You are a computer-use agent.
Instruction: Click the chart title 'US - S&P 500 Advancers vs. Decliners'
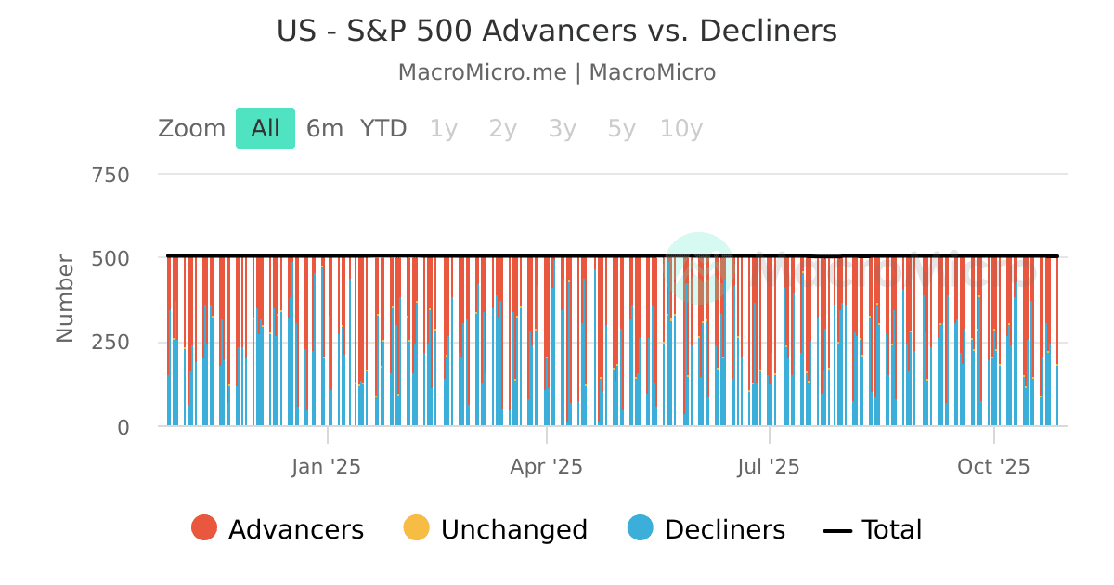point(557,32)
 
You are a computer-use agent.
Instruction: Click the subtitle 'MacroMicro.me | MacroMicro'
point(557,72)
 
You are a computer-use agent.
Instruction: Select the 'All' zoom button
point(266,128)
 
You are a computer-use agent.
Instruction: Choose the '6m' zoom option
point(325,128)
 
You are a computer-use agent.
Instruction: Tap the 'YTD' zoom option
point(383,128)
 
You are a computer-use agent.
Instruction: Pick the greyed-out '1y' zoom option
point(443,128)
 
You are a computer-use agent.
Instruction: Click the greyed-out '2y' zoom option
point(502,128)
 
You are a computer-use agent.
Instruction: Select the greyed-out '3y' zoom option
point(562,128)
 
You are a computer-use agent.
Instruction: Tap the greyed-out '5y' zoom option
point(621,128)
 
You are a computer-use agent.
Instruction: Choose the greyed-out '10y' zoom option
point(681,128)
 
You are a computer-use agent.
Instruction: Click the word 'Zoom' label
point(191,128)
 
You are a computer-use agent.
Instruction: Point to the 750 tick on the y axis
point(110,175)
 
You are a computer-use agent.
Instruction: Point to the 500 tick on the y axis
point(110,258)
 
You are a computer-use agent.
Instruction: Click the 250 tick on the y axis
point(110,343)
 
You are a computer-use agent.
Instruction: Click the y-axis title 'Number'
point(65,298)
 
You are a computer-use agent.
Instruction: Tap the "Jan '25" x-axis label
point(327,466)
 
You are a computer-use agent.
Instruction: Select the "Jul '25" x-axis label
point(769,466)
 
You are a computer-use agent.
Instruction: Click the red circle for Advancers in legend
point(204,528)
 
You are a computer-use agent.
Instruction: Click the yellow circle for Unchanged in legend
point(416,528)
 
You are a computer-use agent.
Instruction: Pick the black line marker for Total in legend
point(837,530)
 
